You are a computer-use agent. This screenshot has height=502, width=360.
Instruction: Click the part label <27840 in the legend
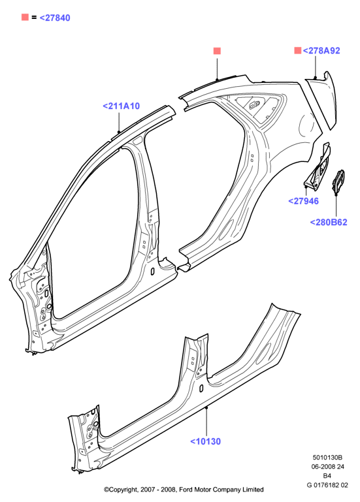tap(55, 18)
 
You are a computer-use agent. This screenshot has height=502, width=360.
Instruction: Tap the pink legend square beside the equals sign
tap(25, 17)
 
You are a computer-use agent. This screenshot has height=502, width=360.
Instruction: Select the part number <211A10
tap(121, 106)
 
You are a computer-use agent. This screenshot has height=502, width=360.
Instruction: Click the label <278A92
tap(321, 50)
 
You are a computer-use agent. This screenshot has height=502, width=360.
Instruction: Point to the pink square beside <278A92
tap(298, 50)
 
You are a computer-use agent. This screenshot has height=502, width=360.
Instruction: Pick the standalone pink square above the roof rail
tap(217, 51)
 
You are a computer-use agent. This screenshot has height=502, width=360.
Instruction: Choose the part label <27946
tap(303, 201)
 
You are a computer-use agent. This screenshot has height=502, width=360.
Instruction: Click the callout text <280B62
tap(329, 222)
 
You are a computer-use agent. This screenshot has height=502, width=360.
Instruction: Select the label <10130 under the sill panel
tap(206, 441)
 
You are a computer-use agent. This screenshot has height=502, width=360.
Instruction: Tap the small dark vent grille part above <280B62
tap(338, 181)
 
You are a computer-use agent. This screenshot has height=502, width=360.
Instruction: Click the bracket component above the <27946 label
tap(318, 166)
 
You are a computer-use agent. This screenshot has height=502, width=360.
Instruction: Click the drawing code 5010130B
tap(327, 458)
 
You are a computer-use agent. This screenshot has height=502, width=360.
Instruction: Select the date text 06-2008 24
tap(327, 467)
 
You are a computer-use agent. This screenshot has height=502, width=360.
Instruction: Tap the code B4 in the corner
tap(327, 476)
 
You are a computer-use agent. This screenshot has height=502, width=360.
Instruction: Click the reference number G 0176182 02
tap(327, 485)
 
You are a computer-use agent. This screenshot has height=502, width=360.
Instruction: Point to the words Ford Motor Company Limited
tap(221, 490)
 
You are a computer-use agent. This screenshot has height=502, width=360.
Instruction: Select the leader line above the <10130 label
tap(206, 422)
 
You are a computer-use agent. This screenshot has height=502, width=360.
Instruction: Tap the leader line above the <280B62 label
tap(336, 206)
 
